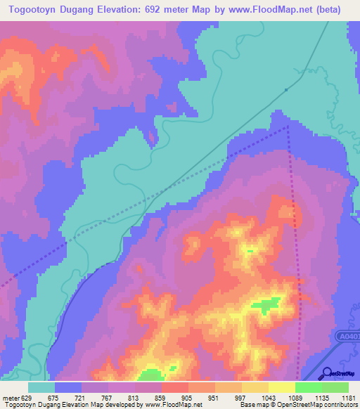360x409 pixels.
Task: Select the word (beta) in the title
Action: (x=326, y=10)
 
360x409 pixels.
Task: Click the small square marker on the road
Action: (x=286, y=90)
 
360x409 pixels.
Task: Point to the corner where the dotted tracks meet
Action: (x=288, y=127)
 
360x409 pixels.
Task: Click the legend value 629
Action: (x=25, y=398)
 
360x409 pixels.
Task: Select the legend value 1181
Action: (x=347, y=398)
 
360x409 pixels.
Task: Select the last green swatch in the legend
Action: (x=335, y=387)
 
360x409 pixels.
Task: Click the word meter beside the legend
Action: (x=9, y=398)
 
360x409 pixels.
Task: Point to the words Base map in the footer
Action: (x=252, y=405)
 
